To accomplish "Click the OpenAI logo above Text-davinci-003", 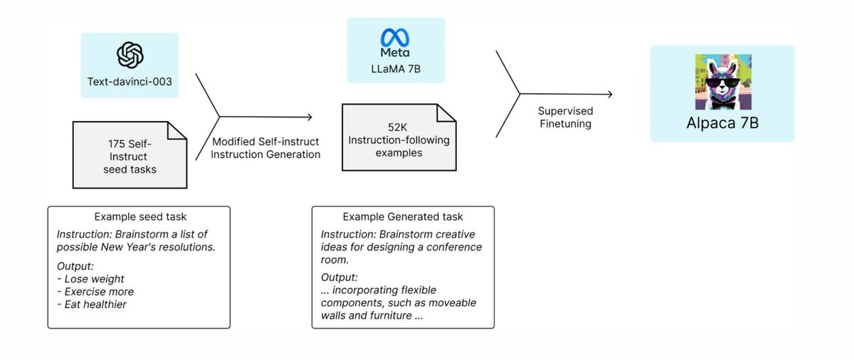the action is click(x=130, y=55).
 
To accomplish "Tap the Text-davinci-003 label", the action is click(x=130, y=82).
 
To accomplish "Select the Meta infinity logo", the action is click(x=395, y=38).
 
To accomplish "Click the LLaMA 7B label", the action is click(x=396, y=69).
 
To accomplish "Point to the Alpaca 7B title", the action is click(x=722, y=122).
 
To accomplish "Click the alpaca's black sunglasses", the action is click(x=723, y=83).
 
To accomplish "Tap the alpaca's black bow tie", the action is click(x=723, y=103).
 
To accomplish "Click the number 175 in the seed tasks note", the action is click(x=116, y=144).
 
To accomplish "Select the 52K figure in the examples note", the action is click(x=397, y=127).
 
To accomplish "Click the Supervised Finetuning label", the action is click(x=565, y=117).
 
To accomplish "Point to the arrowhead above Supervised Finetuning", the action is click(x=610, y=94).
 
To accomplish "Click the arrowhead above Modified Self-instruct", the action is click(x=310, y=117).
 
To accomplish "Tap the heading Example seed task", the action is click(x=140, y=217).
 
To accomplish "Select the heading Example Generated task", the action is click(x=403, y=217).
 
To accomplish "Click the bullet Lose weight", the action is click(x=91, y=279).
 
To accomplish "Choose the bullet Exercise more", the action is click(x=95, y=292).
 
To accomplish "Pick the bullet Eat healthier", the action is click(x=92, y=305).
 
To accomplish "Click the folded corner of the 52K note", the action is click(x=446, y=113).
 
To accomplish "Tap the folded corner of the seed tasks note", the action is click(x=177, y=131).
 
